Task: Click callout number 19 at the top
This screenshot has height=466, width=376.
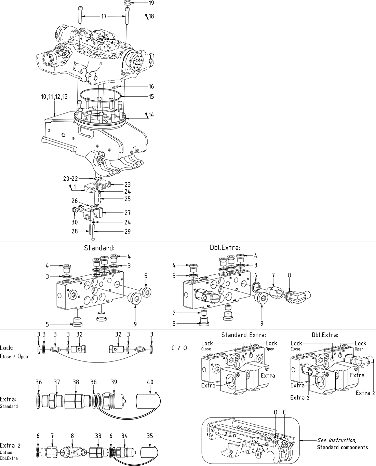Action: point(151,3)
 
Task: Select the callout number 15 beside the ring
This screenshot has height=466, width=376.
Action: point(151,97)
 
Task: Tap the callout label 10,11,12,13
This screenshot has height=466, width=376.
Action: point(54,97)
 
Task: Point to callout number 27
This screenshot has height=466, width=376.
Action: point(127,213)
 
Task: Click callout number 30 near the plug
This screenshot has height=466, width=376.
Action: point(75,222)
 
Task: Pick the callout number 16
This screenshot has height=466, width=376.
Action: point(151,87)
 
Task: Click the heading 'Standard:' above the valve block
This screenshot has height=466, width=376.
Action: point(99,248)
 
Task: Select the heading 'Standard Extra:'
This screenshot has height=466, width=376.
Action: point(243,335)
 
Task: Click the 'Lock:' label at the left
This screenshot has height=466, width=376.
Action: point(7,348)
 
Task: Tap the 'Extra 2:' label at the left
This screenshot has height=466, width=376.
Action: point(8,446)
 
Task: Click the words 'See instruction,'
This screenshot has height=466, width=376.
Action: point(337,440)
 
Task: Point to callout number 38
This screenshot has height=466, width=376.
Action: point(76,382)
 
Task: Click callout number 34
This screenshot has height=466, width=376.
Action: point(125,436)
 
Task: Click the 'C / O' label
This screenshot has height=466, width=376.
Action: point(179,348)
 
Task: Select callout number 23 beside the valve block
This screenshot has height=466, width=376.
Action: point(127,185)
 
